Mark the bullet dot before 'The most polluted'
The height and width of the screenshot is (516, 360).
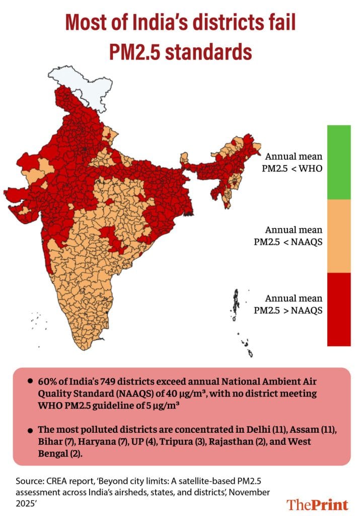(x=31, y=431)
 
